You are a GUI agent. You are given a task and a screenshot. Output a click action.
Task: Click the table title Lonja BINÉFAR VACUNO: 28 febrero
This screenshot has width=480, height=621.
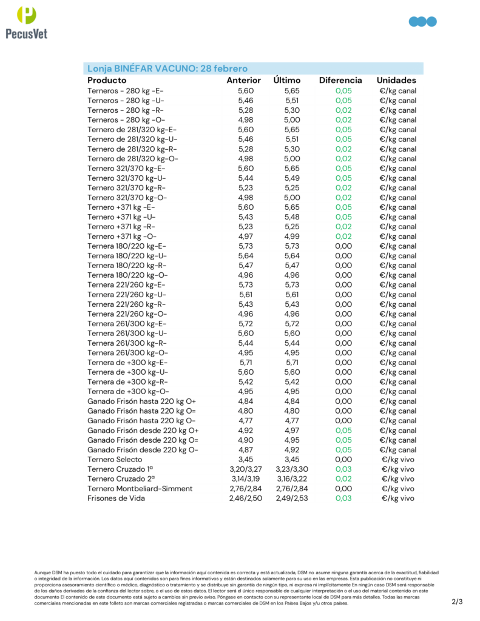tap(167, 69)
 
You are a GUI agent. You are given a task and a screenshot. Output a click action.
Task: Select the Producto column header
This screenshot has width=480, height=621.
tap(107, 80)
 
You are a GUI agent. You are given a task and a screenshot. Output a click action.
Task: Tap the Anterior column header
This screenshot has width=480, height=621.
tap(243, 80)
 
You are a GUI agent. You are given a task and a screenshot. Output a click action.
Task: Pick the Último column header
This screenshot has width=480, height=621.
tap(287, 80)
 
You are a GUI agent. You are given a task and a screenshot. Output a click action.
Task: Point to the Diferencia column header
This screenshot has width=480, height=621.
tap(340, 80)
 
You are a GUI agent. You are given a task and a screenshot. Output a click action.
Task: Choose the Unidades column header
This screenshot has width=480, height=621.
tap(396, 80)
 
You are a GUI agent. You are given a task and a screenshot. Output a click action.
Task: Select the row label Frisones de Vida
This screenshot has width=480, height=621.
tap(116, 498)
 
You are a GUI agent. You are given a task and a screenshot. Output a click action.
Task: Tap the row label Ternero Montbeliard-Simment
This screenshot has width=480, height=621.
tap(140, 489)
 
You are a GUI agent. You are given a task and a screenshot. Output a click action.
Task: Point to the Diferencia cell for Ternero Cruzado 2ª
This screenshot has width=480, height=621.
tap(343, 479)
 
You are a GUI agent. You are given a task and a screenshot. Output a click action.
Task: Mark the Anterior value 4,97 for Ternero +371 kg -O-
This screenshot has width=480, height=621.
tap(246, 237)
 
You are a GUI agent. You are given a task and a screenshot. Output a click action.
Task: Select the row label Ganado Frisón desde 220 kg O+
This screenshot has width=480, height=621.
tap(142, 431)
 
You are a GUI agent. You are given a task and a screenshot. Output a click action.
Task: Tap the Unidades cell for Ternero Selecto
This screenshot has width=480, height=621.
tap(398, 460)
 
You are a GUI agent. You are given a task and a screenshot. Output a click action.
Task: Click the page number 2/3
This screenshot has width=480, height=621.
tap(457, 602)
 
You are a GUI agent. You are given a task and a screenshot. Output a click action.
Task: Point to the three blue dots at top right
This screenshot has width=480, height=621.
tap(423, 22)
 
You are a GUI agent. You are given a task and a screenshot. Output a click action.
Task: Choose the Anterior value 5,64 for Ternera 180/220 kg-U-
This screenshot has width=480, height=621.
tap(246, 256)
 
